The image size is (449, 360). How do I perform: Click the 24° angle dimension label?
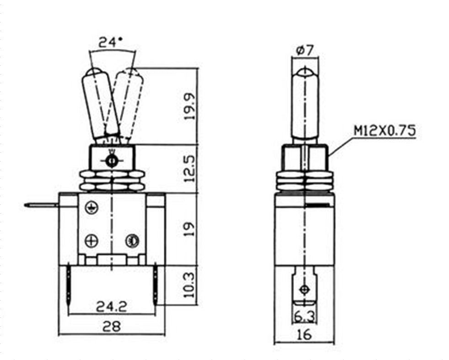(x=112, y=43)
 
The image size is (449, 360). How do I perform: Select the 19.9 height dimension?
(x=189, y=106)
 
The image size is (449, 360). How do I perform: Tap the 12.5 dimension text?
(x=189, y=168)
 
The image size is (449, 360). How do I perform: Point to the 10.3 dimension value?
(x=189, y=285)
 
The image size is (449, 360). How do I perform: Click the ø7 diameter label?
(x=305, y=50)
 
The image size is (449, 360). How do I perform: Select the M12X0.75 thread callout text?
(x=384, y=131)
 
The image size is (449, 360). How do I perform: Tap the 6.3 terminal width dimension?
(x=304, y=315)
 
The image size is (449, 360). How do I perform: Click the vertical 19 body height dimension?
(x=189, y=228)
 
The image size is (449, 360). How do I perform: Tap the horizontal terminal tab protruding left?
(x=41, y=205)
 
